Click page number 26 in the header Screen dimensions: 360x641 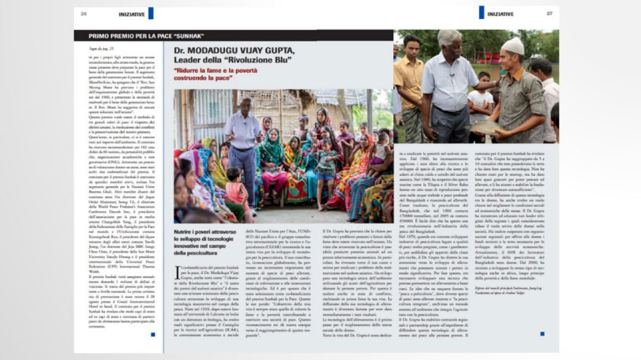(83, 13)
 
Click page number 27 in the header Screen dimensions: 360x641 (549, 13)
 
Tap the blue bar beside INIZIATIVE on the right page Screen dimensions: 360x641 (481, 13)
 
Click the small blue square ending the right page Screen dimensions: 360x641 (552, 335)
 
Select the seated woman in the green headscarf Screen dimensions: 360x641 (273, 150)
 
